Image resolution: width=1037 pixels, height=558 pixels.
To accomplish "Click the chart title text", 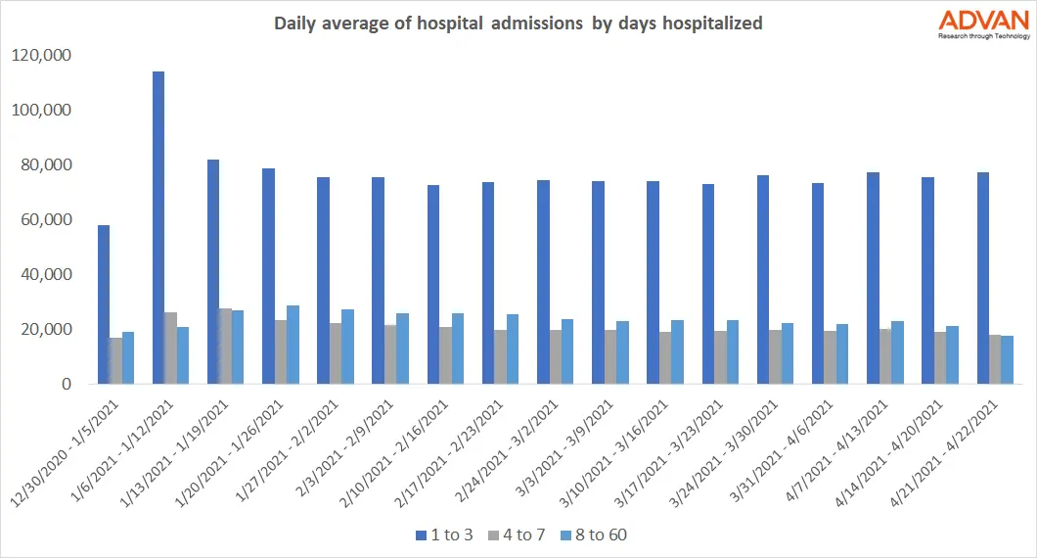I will (x=518, y=23).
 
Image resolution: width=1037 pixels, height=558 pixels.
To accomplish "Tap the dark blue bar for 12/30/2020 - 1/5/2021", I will (x=103, y=304).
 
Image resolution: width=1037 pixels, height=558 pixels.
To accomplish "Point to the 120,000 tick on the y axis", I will (x=40, y=56).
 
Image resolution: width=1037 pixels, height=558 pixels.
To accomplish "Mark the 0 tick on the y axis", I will (x=67, y=385).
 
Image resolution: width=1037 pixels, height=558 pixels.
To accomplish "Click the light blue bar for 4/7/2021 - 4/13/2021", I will (x=897, y=352).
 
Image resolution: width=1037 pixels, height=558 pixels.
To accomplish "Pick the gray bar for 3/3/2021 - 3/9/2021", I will (x=609, y=357).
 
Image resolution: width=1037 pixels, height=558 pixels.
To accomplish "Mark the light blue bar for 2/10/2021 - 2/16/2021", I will (x=458, y=349).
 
